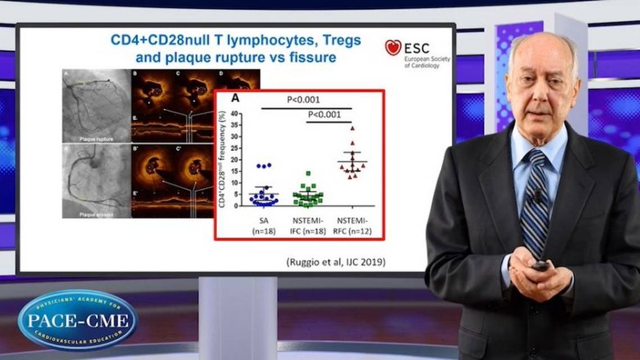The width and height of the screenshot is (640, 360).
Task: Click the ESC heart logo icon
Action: click(393, 47)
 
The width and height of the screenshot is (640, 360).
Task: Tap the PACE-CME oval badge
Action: click(77, 320)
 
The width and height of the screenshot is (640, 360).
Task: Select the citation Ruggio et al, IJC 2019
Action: click(336, 262)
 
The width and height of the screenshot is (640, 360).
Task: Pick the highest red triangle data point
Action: click(352, 128)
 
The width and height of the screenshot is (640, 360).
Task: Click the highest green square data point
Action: click(308, 174)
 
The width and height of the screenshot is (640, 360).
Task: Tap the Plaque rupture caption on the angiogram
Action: click(97, 137)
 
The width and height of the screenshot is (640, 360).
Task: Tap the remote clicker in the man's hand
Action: click(540, 265)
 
